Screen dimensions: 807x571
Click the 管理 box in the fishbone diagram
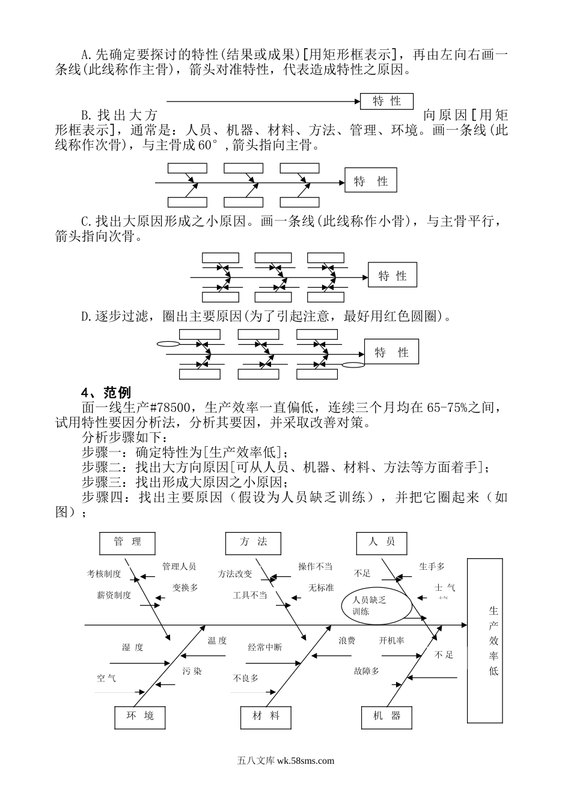click(127, 543)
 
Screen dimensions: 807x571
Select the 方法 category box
click(253, 543)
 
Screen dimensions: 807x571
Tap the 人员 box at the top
click(382, 543)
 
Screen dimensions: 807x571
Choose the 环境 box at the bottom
click(139, 716)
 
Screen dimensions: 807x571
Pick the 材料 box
click(266, 716)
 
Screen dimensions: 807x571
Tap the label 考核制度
click(104, 574)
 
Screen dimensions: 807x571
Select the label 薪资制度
click(114, 596)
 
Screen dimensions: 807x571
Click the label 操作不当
click(315, 566)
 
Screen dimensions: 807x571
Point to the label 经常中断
click(265, 648)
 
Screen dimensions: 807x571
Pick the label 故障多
click(366, 671)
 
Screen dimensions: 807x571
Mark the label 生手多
click(432, 566)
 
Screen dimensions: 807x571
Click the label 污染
click(192, 671)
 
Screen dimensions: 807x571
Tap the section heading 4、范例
click(106, 393)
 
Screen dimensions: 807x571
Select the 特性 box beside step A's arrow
click(386, 101)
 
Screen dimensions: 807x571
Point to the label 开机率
click(391, 641)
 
